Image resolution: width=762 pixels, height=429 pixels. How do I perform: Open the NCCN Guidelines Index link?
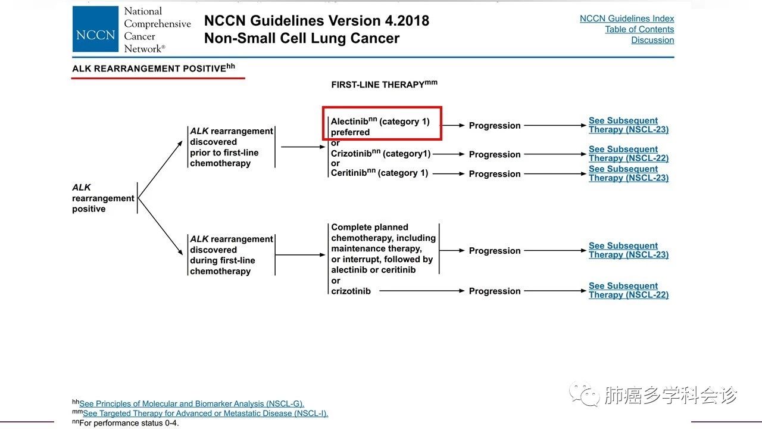627,18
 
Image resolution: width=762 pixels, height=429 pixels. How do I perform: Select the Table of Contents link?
639,29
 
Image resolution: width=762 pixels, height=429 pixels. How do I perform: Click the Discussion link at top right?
652,40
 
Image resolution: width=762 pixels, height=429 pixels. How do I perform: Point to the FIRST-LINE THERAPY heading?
384,85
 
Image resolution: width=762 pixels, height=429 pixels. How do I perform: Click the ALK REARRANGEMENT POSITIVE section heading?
153,69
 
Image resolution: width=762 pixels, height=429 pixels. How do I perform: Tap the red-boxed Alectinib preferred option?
382,124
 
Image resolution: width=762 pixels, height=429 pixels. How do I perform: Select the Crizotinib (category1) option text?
380,154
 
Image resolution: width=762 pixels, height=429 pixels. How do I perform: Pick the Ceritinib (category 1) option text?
379,173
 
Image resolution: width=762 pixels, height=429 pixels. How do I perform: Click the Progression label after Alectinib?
495,126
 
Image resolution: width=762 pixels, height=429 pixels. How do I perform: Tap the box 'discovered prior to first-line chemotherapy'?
231,147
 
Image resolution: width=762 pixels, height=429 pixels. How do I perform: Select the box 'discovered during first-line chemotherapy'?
231,255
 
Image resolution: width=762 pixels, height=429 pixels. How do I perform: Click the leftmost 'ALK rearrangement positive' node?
103,198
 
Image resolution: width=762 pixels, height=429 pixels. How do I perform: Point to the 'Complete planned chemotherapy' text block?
383,248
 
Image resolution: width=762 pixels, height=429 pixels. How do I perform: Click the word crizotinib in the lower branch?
351,291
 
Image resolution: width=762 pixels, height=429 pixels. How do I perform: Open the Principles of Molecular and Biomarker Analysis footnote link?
191,403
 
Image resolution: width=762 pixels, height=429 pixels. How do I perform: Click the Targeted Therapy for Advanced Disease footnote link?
205,414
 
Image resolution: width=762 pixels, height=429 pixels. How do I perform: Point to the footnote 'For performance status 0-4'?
129,423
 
